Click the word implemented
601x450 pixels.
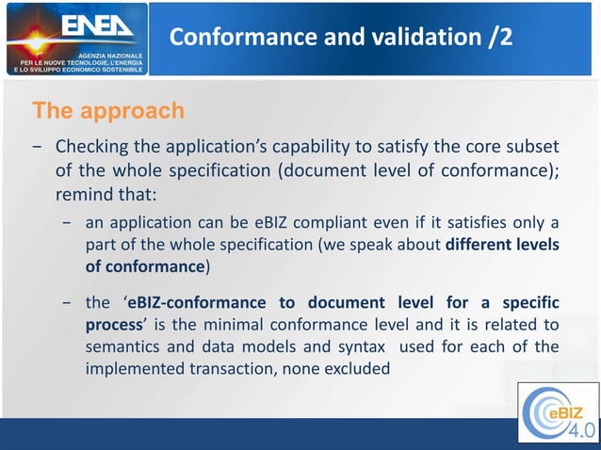137,368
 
